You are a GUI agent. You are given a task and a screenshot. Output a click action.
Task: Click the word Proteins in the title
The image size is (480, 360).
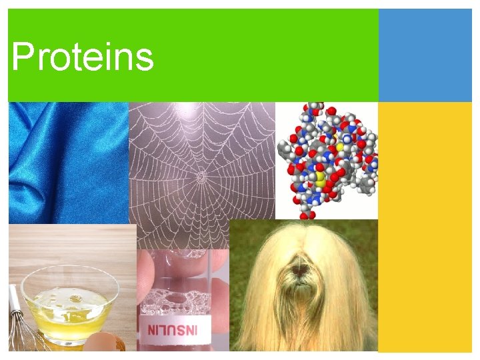click(82, 57)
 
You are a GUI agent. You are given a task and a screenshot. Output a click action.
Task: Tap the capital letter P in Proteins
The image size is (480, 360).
click(22, 57)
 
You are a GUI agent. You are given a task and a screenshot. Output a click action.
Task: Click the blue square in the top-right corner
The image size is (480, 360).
click(425, 55)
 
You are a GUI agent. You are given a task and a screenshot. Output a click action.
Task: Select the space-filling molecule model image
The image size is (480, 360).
click(327, 160)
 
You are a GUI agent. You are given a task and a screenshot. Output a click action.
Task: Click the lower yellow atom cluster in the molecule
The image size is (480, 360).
click(320, 179)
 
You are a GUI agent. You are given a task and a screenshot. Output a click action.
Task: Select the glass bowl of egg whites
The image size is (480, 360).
click(70, 303)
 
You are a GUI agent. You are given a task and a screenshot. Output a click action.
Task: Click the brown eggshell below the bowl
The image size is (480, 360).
click(105, 343)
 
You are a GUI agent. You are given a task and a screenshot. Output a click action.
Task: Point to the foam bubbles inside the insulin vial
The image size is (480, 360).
click(175, 303)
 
